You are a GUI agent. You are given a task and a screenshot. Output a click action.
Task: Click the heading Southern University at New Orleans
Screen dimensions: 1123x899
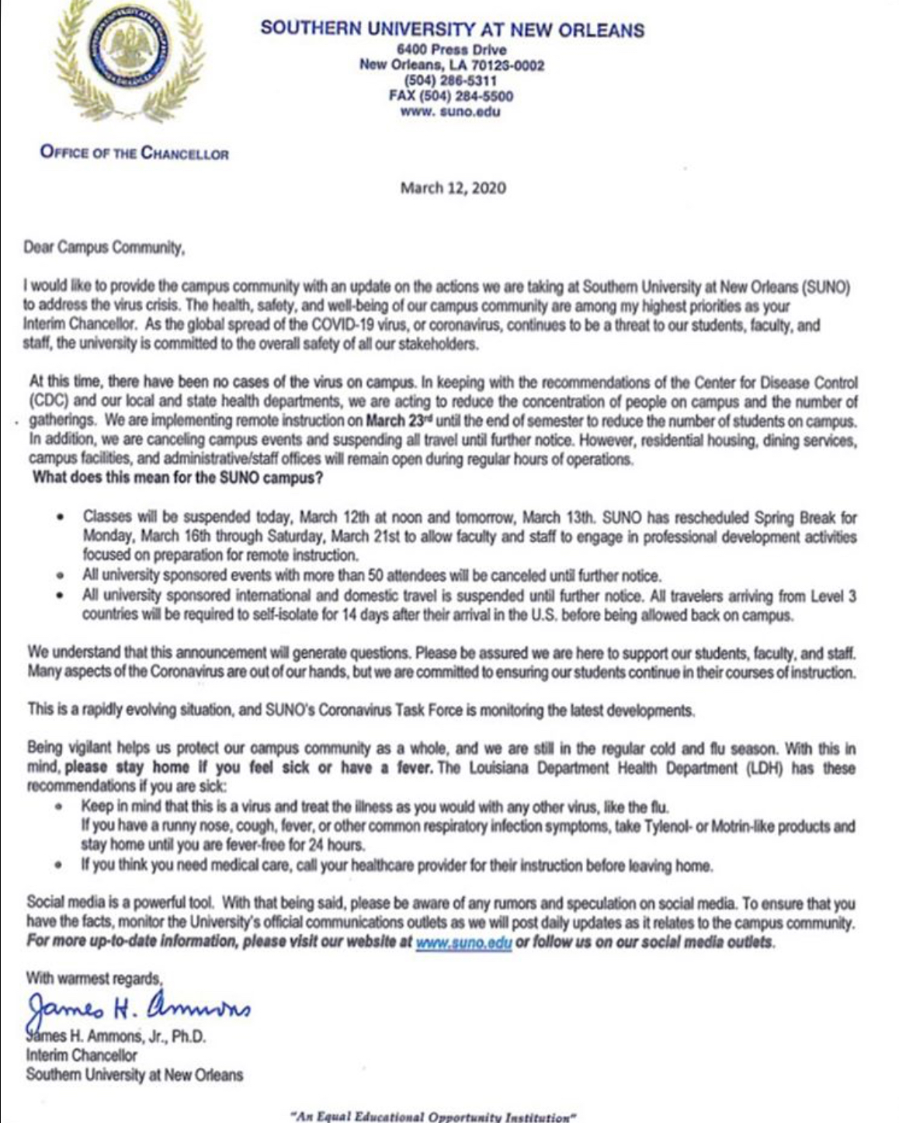[452, 30]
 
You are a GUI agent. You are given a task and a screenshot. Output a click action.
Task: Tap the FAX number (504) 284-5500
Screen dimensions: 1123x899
[450, 96]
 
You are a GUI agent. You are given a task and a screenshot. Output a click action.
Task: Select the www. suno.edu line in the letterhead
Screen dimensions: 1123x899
[450, 112]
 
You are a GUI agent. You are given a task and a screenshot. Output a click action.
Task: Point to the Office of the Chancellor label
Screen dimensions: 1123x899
[134, 153]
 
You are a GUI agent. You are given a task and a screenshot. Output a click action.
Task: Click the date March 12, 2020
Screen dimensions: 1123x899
[453, 188]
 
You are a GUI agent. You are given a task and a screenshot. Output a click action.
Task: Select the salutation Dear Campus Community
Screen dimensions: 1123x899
[105, 249]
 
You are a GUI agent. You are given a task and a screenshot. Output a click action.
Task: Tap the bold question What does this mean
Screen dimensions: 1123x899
[177, 478]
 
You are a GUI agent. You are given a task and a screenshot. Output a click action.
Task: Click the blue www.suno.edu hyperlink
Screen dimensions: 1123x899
[463, 943]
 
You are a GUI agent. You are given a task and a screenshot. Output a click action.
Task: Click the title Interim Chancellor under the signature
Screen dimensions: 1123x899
[82, 1056]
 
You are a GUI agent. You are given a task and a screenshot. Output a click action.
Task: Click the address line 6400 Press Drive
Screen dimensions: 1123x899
[451, 50]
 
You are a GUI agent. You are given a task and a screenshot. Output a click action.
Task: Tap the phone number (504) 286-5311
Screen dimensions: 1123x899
[451, 81]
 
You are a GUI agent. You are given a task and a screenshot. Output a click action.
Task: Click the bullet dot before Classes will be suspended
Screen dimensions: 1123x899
[61, 517]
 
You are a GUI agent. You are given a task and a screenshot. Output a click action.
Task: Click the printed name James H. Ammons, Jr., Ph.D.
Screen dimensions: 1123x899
[116, 1037]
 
